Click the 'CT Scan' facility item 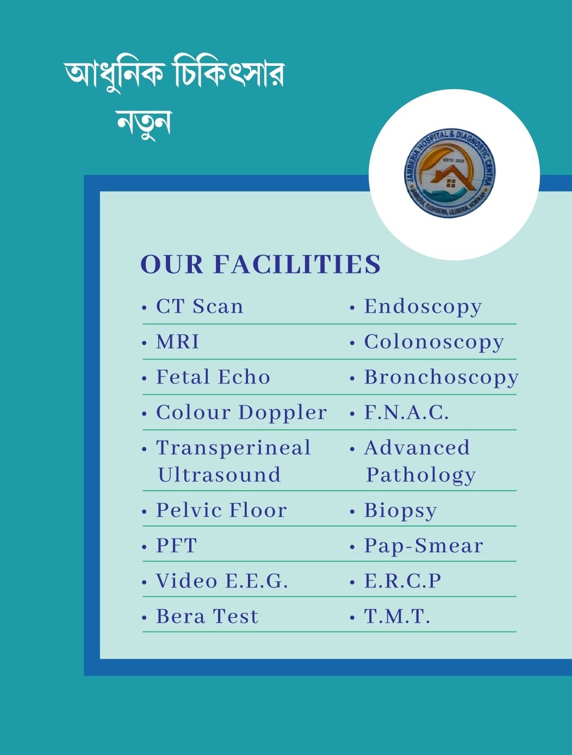pos(199,307)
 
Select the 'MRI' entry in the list pos(177,342)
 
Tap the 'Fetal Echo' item pos(213,377)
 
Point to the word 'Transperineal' pos(233,448)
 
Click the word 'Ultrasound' pos(219,475)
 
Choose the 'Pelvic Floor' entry pos(221,510)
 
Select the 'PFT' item pos(176,546)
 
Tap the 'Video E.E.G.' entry pos(221,581)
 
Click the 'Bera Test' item pos(207,616)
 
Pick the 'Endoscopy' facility pos(422,307)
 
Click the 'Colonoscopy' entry pos(434,343)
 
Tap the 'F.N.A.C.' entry pos(406,413)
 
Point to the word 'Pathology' pos(421,475)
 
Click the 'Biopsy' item pos(400,511)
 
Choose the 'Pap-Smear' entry pos(423,546)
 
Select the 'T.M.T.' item pos(397,616)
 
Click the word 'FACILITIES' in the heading pos(297,264)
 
